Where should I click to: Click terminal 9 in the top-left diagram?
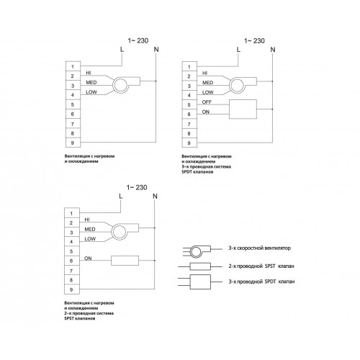pyautogui.click(x=73, y=143)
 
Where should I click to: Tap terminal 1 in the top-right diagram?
pyautogui.click(x=189, y=66)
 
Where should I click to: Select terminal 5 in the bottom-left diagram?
pyautogui.click(x=71, y=251)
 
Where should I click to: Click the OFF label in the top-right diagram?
pyautogui.click(x=207, y=102)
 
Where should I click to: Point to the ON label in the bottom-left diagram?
pyautogui.click(x=88, y=258)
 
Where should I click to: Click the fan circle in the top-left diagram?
pyautogui.click(x=121, y=85)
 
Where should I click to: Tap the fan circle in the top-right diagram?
pyautogui.click(x=237, y=86)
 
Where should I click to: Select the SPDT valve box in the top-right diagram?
pyautogui.click(x=243, y=109)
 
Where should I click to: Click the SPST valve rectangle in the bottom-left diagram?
pyautogui.click(x=125, y=261)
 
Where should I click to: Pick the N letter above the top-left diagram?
pyautogui.click(x=156, y=50)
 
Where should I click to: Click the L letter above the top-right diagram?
pyautogui.click(x=238, y=50)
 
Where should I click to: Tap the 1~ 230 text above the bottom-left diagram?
pyautogui.click(x=137, y=187)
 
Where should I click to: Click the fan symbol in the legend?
pyautogui.click(x=200, y=251)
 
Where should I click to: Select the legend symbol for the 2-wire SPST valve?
pyautogui.click(x=200, y=266)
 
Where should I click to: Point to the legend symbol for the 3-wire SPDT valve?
pyautogui.click(x=200, y=282)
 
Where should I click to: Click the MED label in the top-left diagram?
pyautogui.click(x=91, y=83)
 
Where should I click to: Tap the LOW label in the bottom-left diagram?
pyautogui.click(x=90, y=239)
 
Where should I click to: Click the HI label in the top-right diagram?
pyautogui.click(x=204, y=73)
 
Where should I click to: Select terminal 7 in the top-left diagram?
pyautogui.click(x=73, y=124)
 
